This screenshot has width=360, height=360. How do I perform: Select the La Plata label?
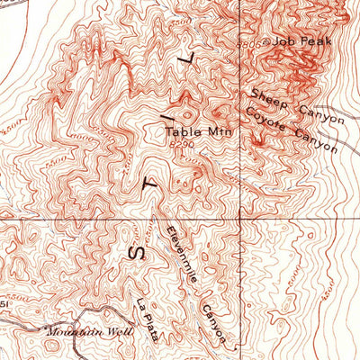coord(148,320)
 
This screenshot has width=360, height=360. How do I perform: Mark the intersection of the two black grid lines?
coord(240,219)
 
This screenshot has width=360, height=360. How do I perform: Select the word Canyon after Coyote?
coord(317,142)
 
